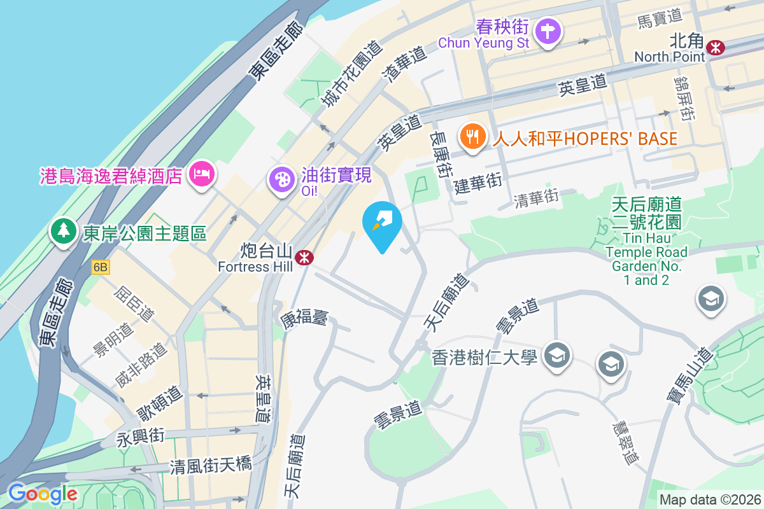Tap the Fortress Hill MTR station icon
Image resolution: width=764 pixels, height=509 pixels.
point(306,257)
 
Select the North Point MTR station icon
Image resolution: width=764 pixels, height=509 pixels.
point(716,46)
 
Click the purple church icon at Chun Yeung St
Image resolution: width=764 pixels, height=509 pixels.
point(547,31)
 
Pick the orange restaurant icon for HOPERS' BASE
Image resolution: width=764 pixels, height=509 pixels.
point(472,136)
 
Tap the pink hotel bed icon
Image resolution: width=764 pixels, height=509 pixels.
point(202,172)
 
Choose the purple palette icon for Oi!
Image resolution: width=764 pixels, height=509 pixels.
point(280,178)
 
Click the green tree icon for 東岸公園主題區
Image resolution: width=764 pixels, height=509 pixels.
point(64,230)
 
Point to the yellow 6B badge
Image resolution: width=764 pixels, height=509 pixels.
point(101,267)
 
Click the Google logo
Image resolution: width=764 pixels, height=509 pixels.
point(43,494)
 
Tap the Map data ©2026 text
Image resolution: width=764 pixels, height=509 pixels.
point(709,499)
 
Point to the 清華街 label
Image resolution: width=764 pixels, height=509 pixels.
point(536,198)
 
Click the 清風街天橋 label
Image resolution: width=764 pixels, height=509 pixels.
point(211,466)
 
